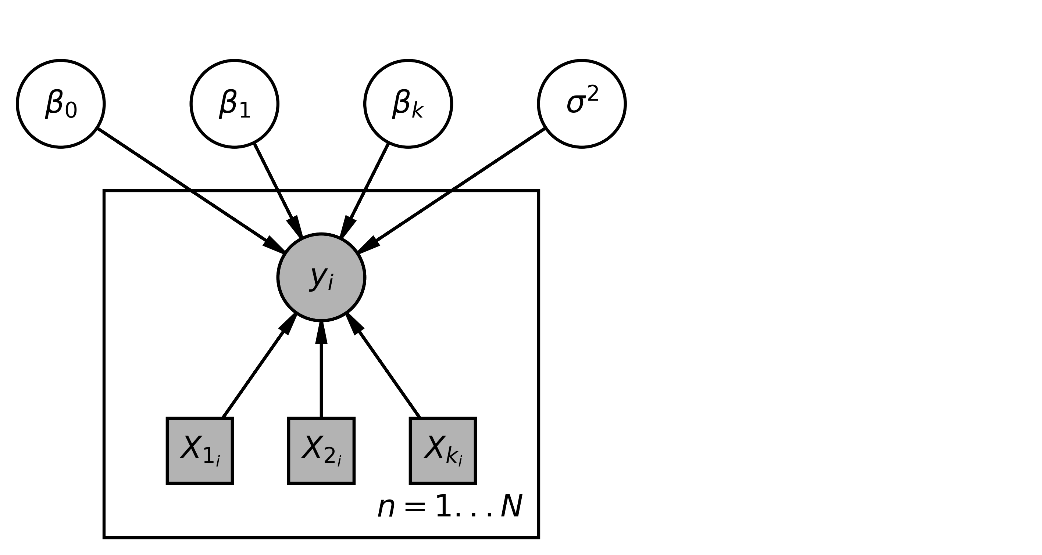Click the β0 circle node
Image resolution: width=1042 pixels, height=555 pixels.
click(x=61, y=104)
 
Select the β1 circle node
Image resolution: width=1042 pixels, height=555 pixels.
click(x=235, y=104)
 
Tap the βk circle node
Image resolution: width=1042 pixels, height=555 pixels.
click(x=408, y=104)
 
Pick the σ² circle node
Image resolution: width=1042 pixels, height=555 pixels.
click(x=582, y=104)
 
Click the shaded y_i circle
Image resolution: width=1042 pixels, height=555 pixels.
click(x=321, y=277)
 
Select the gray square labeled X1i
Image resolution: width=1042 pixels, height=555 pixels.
click(x=200, y=451)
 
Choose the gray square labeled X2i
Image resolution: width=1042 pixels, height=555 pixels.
click(x=321, y=451)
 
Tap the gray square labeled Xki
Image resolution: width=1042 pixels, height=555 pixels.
click(x=443, y=451)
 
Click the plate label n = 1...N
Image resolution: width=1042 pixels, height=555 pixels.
click(x=450, y=507)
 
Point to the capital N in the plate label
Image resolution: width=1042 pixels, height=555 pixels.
click(x=512, y=506)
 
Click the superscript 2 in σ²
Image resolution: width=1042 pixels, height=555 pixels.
click(x=593, y=94)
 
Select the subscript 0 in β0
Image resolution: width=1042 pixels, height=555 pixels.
click(x=71, y=110)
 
